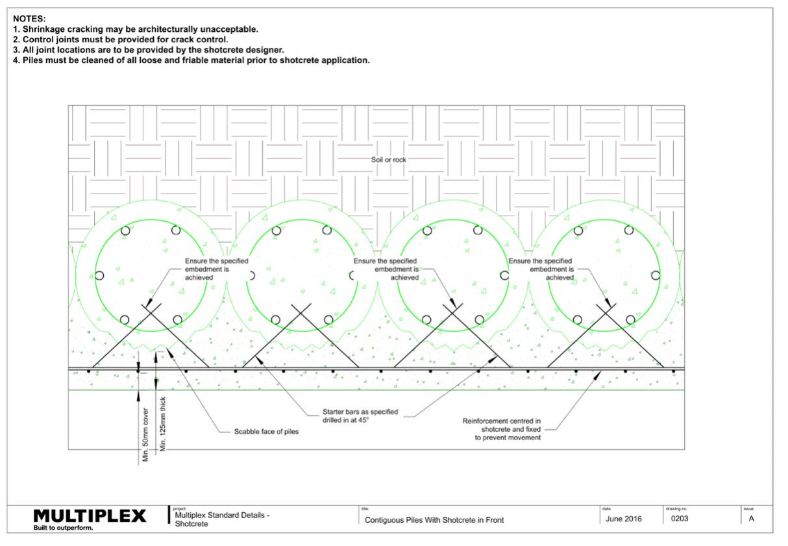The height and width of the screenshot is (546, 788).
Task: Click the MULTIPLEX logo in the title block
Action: [x=90, y=515]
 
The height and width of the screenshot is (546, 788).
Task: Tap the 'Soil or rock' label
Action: [x=388, y=160]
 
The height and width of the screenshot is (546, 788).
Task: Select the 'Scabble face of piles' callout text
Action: [x=266, y=431]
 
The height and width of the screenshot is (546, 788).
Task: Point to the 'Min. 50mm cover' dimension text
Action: [x=145, y=435]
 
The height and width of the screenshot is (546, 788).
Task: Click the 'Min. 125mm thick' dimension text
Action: [x=162, y=424]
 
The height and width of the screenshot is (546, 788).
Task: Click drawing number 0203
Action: [x=680, y=519]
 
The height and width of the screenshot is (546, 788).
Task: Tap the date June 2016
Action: [x=624, y=519]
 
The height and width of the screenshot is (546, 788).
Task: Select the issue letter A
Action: [x=751, y=519]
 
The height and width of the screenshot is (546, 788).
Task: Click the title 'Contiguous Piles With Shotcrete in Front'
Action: [x=434, y=520]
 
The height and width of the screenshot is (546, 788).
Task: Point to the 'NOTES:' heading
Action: [x=29, y=19]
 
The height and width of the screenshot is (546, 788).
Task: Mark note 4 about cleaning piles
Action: [x=191, y=60]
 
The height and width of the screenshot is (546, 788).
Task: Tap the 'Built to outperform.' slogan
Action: [x=64, y=528]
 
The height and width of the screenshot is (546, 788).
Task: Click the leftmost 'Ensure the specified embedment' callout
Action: [x=216, y=269]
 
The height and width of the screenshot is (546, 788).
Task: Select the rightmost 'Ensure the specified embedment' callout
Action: [x=541, y=269]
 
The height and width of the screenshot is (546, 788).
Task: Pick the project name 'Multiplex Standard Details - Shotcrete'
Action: [x=222, y=519]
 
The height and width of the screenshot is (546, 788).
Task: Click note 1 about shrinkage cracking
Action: [x=136, y=29]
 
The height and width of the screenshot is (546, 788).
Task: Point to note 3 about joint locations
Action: [x=149, y=50]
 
